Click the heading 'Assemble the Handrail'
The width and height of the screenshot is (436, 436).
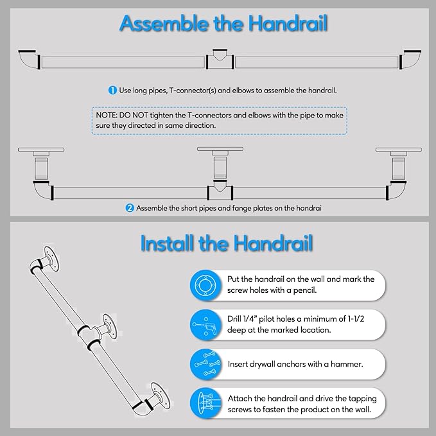(224, 24)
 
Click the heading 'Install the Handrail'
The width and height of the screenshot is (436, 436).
(226, 243)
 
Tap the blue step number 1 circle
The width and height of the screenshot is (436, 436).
(112, 91)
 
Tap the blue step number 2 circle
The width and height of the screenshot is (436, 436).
(130, 208)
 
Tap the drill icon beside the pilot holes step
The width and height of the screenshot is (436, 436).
(207, 325)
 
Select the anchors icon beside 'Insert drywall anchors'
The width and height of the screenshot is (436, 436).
(207, 363)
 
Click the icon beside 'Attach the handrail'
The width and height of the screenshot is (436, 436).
(207, 403)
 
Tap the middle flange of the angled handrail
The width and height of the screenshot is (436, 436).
(107, 326)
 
